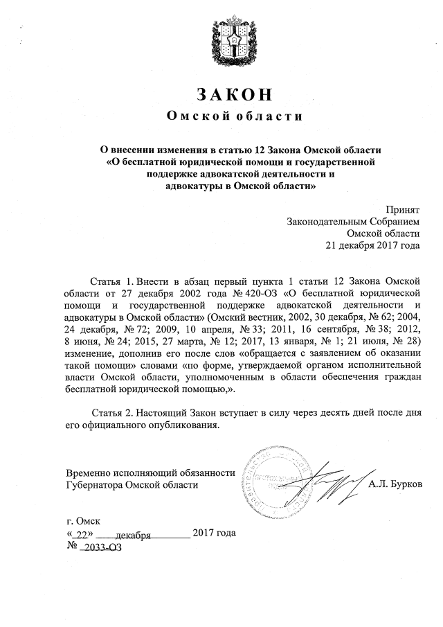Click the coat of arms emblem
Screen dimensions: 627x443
[x=221, y=42]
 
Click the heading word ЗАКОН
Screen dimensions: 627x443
[x=221, y=94]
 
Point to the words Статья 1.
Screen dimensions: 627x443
[x=111, y=281]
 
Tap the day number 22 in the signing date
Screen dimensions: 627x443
[x=83, y=534]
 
